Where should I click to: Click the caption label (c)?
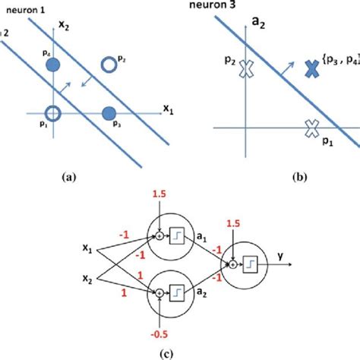tap(180, 352)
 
